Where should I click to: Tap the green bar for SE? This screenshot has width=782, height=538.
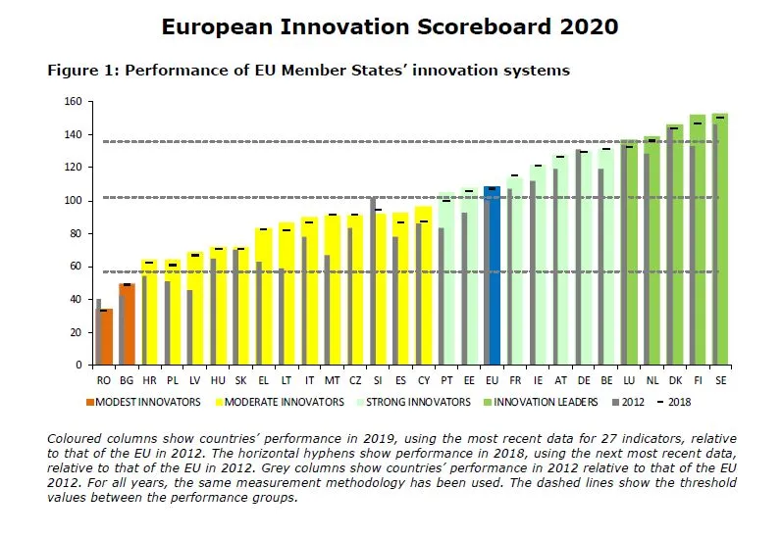(x=722, y=245)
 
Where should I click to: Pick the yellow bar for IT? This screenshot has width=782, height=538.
(x=311, y=294)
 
